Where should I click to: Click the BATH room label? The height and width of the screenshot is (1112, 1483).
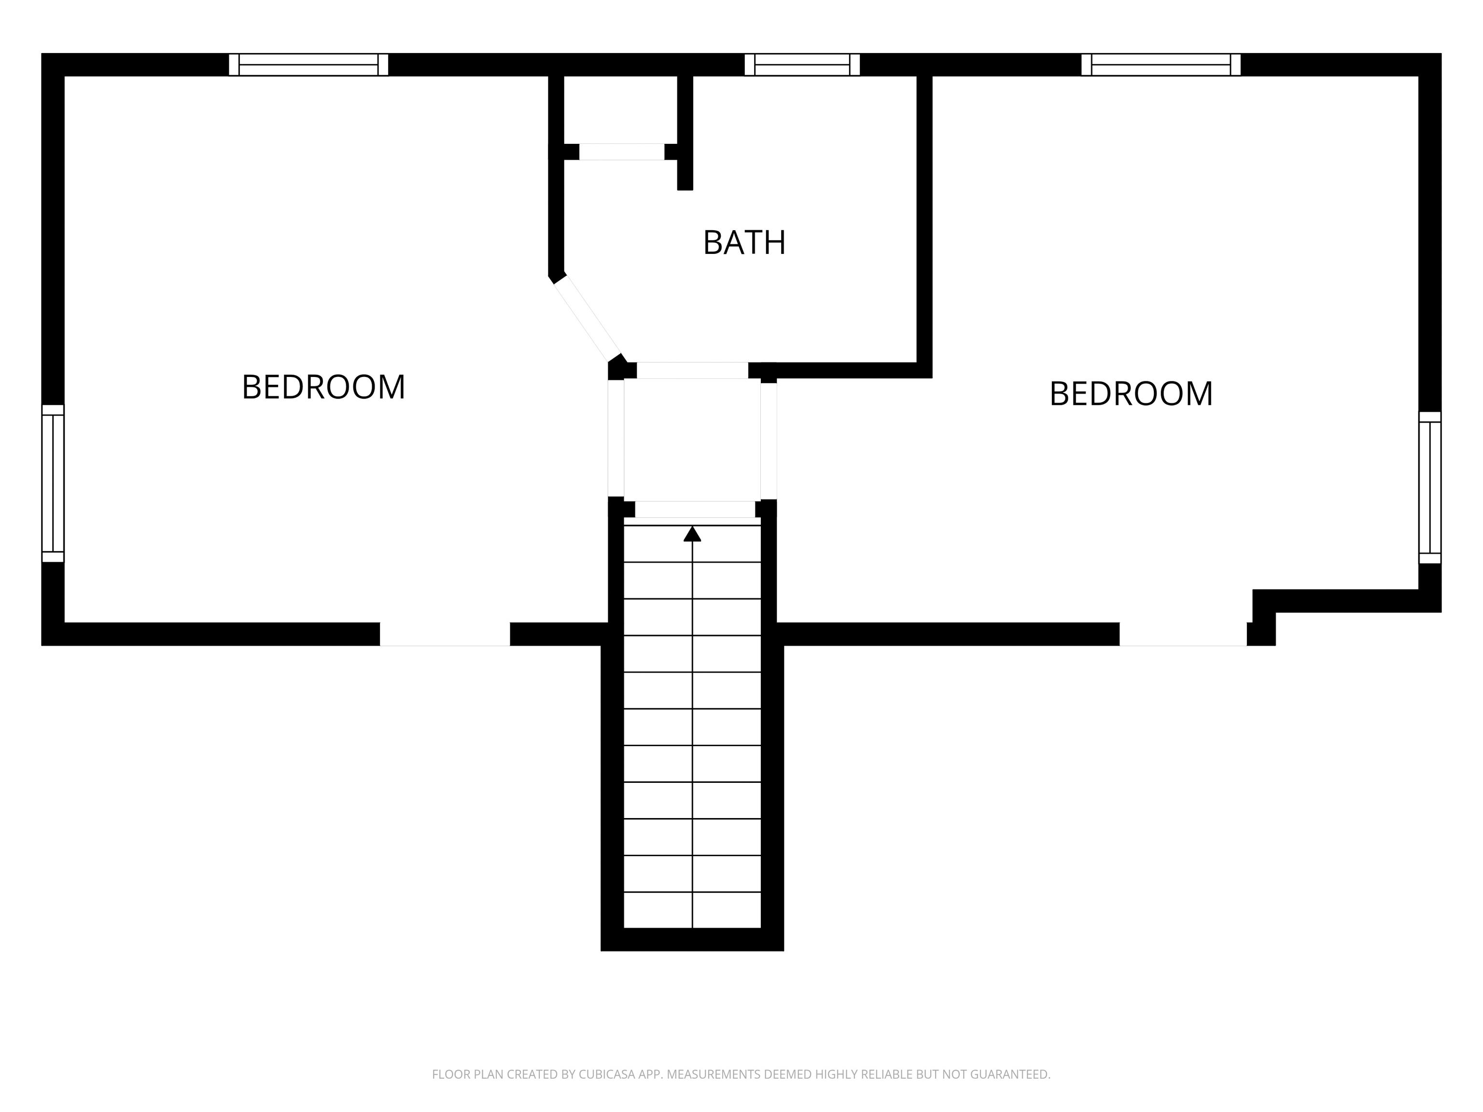(x=744, y=243)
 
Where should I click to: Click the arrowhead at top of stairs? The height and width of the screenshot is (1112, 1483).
(x=692, y=534)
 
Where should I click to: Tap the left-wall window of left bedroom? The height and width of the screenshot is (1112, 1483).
(x=53, y=483)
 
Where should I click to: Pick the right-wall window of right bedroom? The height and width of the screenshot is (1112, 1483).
(x=1429, y=487)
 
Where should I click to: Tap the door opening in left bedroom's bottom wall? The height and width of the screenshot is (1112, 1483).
(x=445, y=634)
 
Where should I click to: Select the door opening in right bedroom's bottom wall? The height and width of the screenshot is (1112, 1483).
(x=1183, y=634)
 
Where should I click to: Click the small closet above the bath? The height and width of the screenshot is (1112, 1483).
(x=620, y=109)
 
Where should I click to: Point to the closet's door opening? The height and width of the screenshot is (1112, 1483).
(x=621, y=152)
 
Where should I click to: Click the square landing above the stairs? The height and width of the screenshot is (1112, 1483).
(x=692, y=440)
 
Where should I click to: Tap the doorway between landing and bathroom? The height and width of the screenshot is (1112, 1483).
(x=692, y=370)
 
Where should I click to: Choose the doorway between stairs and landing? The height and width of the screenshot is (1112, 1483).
(x=695, y=509)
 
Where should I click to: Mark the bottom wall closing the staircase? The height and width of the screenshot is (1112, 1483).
(x=692, y=940)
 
